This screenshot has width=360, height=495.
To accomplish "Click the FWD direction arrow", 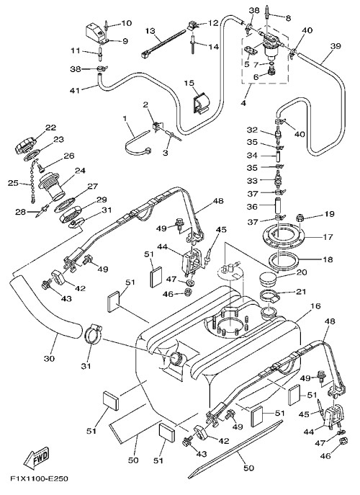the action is [x=37, y=457].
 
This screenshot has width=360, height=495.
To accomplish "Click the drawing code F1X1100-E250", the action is [x=39, y=478].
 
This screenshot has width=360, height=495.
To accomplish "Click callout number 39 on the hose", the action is [x=336, y=46].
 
